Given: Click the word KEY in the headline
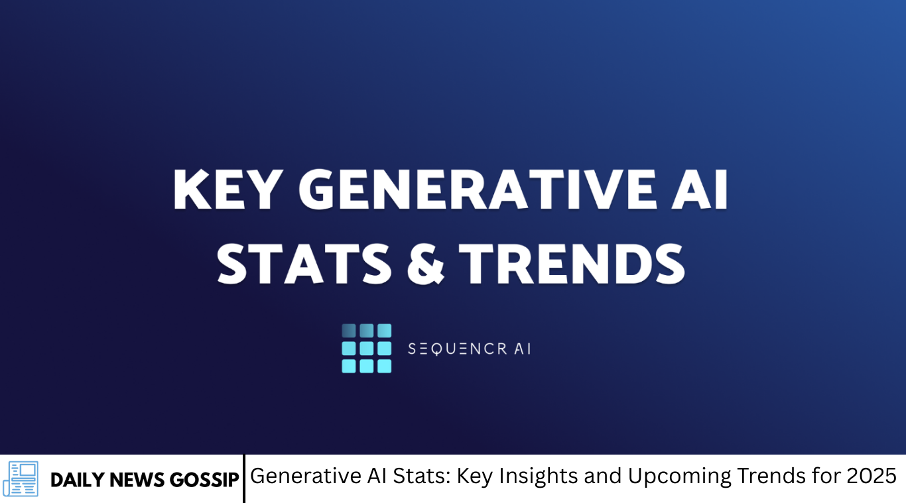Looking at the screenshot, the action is tap(227, 190).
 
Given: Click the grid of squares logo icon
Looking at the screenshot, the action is tap(366, 349).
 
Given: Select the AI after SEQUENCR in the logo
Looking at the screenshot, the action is tap(522, 349).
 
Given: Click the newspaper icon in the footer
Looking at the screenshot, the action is tap(21, 478).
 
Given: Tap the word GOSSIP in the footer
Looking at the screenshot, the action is tap(204, 480).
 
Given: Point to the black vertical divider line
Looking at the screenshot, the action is tap(244, 478).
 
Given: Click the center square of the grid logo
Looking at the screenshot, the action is tap(366, 349).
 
